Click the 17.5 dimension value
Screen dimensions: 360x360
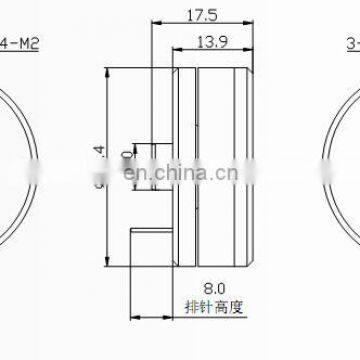196,16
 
